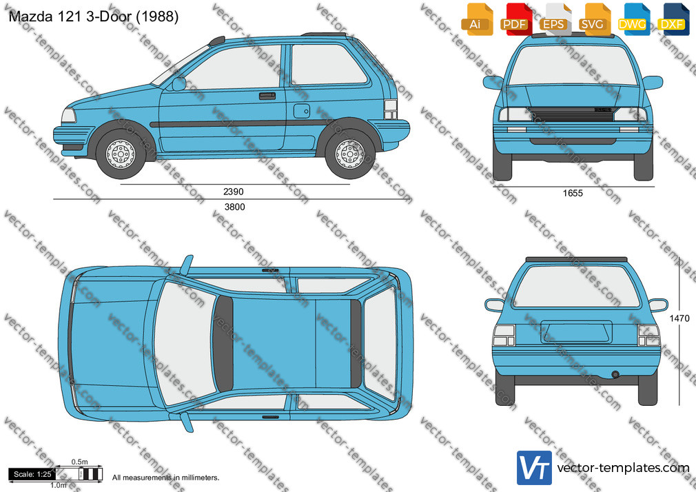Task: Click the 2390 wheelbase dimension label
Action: [234, 192]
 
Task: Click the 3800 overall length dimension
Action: [234, 207]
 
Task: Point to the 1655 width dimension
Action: [573, 193]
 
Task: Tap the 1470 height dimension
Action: [679, 318]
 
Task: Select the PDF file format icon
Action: [515, 19]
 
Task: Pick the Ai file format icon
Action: [476, 19]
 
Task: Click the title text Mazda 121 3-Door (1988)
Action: [94, 17]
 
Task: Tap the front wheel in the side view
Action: [121, 154]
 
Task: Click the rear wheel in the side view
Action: [350, 154]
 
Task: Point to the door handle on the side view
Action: [267, 96]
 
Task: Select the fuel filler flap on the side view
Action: [301, 111]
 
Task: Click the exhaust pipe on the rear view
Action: [615, 375]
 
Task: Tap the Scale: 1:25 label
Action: [32, 474]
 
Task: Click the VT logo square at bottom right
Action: [535, 468]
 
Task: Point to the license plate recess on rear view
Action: [576, 331]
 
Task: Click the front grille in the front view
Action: [573, 114]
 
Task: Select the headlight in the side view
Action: [68, 116]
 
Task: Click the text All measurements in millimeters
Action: [165, 478]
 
